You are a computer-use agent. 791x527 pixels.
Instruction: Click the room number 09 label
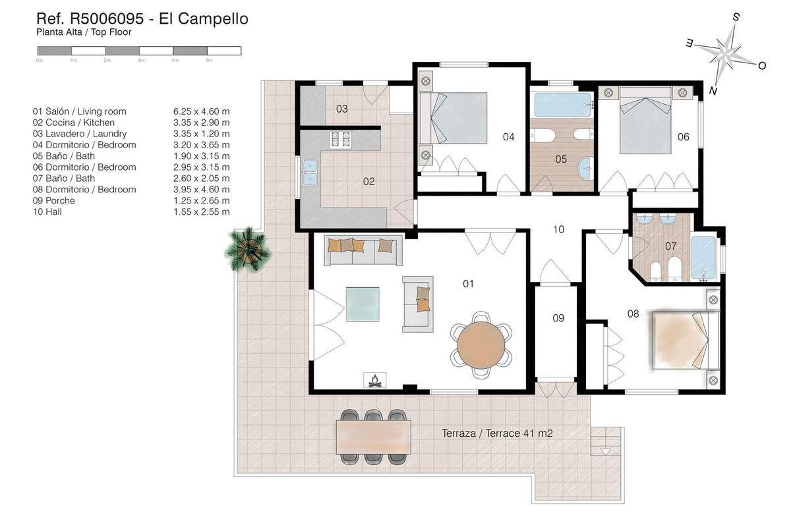click(558, 318)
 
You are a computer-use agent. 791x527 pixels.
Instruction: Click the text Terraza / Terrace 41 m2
click(497, 433)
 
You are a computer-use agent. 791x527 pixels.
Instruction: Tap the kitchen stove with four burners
click(341, 139)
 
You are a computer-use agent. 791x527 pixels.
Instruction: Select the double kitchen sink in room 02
click(308, 171)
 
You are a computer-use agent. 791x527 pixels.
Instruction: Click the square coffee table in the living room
click(363, 304)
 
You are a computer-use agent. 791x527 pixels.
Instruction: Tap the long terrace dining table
click(373, 436)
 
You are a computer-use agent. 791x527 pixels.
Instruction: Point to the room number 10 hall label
click(558, 229)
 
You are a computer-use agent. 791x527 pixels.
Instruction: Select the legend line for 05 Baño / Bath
click(64, 156)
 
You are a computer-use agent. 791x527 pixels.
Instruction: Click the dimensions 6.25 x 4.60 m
click(201, 111)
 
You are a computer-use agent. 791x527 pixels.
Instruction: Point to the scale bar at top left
click(139, 50)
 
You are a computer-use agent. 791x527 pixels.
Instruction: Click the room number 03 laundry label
click(341, 109)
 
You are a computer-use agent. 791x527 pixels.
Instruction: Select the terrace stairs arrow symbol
click(606, 451)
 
